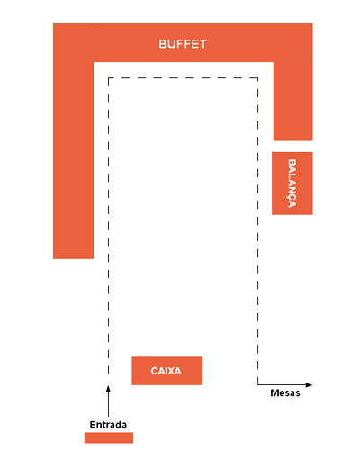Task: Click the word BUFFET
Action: coord(183,44)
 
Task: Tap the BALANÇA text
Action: coord(292,184)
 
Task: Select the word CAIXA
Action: coord(166,371)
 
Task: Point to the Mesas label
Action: coord(285,393)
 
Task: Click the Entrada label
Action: coord(108,425)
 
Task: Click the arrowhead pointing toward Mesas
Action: coord(309,384)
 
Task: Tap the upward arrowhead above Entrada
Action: coord(108,389)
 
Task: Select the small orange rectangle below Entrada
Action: coord(109,437)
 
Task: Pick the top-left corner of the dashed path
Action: coord(108,78)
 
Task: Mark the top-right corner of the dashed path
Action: coord(257,78)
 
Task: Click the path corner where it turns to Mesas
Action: coord(257,384)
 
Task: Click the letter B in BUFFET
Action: coord(162,44)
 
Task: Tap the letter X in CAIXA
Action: coord(170,371)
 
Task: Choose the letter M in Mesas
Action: coord(274,393)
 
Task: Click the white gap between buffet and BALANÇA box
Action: coord(292,147)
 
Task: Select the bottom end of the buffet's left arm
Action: coord(74,258)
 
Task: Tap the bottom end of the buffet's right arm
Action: coord(292,140)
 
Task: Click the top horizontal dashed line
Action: coord(183,78)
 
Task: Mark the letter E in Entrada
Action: coord(93,425)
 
